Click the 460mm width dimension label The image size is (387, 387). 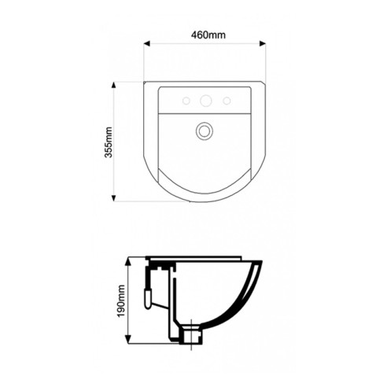tap(208, 35)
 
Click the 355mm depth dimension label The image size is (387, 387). tap(109, 142)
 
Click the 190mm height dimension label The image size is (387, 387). tap(121, 300)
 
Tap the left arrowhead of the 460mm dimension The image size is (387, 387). tap(147, 43)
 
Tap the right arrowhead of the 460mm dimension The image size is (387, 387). tap(263, 43)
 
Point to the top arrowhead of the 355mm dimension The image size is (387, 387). tap(113, 85)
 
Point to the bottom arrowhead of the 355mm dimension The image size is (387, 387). tap(113, 198)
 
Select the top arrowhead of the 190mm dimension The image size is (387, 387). tap(128, 261)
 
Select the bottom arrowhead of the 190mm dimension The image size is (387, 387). tap(128, 339)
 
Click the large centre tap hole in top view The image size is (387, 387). tap(206, 101)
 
